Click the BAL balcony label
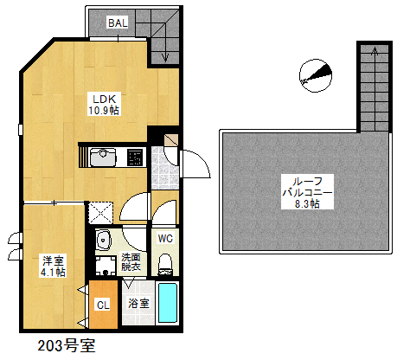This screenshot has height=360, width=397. [118, 23]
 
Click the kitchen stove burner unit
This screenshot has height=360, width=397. [135, 157]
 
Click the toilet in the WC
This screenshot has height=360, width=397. [166, 261]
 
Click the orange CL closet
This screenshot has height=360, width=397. [102, 304]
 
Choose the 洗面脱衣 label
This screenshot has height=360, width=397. [131, 262]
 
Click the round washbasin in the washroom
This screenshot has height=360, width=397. [105, 241]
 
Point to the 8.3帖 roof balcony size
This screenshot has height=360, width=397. [307, 204]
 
